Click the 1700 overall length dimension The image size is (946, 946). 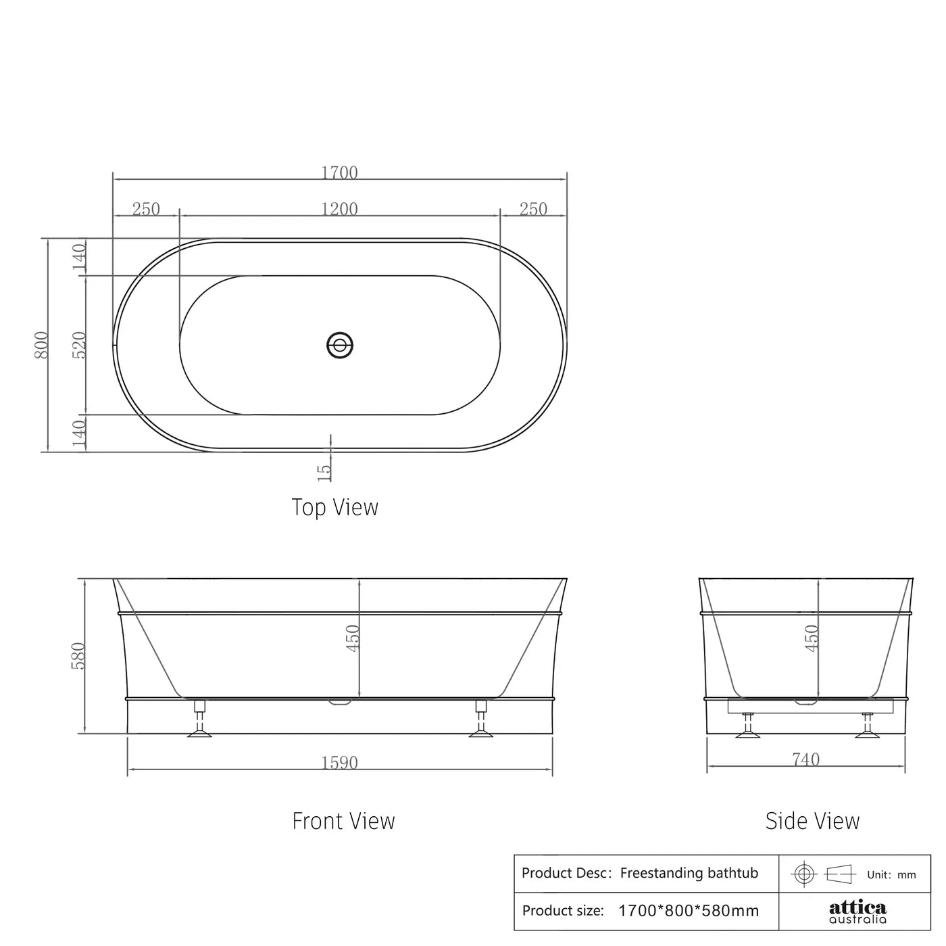[339, 172]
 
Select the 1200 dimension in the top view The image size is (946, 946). [339, 209]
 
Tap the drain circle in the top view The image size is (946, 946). [340, 345]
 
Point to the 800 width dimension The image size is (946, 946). [42, 345]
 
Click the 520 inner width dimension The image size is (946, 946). [79, 345]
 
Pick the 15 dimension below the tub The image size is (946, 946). [324, 471]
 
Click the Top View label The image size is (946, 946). [334, 507]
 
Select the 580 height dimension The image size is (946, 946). [79, 656]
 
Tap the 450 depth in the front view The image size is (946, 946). [353, 638]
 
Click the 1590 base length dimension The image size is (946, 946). [339, 763]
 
